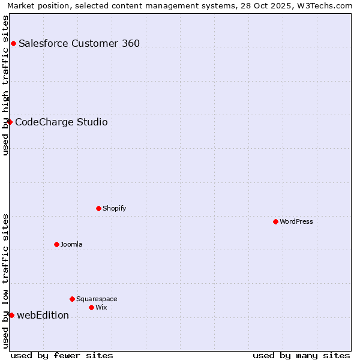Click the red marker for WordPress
275,221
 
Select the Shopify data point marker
98,208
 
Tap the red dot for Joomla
56,244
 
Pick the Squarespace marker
72,299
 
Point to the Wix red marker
91,307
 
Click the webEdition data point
11,315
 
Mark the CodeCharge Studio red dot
10,122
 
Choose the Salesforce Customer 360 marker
13,43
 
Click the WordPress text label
296,221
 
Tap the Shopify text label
114,208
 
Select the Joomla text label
71,244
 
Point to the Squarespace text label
97,299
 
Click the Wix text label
101,307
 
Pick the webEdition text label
43,315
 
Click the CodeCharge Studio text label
61,122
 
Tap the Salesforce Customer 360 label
79,43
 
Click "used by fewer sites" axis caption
62,355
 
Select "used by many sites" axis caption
301,355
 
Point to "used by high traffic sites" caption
5,85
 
